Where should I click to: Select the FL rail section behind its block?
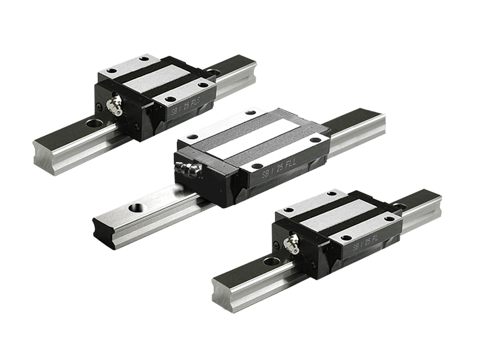pos(420,207)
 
